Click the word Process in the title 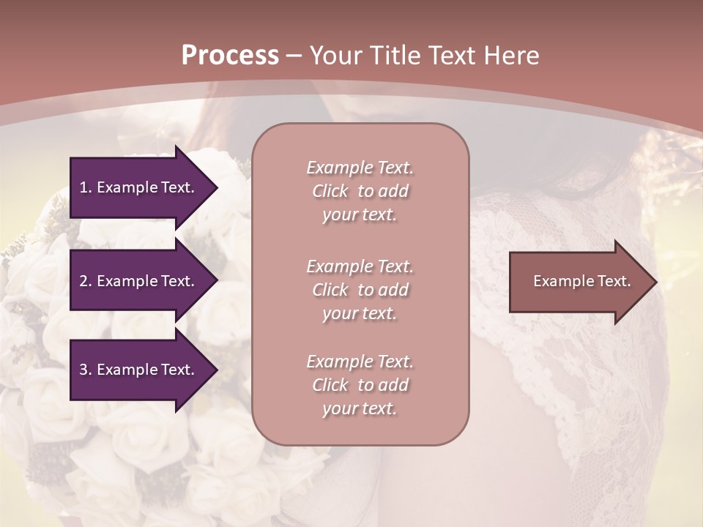tap(230, 56)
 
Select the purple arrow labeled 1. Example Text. tap(139, 187)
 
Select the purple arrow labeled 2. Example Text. tap(139, 281)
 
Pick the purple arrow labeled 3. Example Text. tap(139, 370)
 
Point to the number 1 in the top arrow tap(83, 187)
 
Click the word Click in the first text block tap(330, 191)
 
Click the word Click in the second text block tap(330, 290)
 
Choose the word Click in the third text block tap(330, 385)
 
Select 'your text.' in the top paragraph tap(360, 215)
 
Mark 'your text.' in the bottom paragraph tap(360, 409)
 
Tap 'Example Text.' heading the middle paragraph tap(360, 266)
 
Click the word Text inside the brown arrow tap(614, 281)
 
